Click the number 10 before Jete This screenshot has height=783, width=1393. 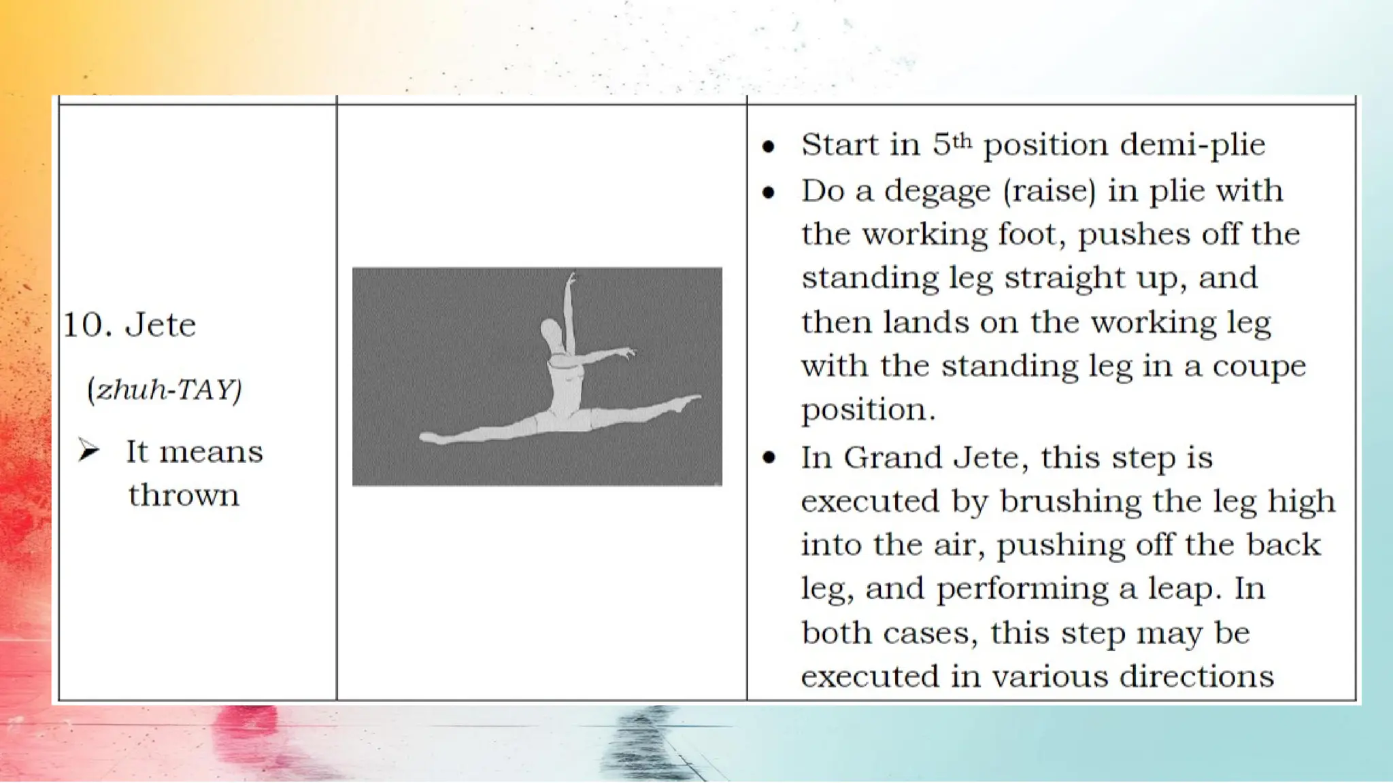coord(87,325)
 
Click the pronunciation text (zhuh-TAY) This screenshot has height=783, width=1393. coord(165,389)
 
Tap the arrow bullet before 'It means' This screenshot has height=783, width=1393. coord(88,450)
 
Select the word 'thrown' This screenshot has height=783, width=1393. coord(184,495)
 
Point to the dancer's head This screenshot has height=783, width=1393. coord(552,332)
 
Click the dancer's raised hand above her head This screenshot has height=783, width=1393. coord(571,278)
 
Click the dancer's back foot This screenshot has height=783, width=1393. coord(431,438)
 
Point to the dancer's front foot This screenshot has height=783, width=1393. coord(687,401)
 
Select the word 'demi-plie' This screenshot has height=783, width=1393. coord(1192,145)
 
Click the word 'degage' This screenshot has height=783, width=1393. coord(937,192)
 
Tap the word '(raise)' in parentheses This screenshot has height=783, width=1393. coord(1050,191)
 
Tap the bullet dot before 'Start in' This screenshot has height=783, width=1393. coord(769,147)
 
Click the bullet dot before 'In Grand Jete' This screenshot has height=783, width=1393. coord(769,458)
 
